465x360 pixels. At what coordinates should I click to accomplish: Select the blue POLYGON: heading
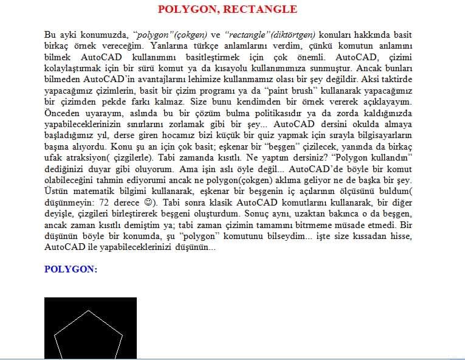click(x=71, y=269)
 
